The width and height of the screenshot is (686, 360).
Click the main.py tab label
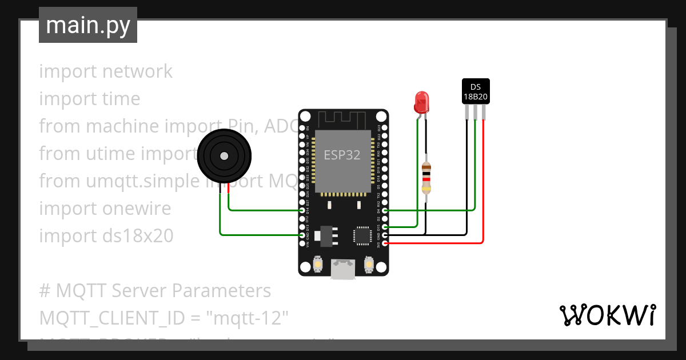[88, 25]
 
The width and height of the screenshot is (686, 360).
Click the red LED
[421, 102]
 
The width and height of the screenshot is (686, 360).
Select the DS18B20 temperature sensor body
[476, 91]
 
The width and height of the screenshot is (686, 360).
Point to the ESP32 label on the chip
[342, 155]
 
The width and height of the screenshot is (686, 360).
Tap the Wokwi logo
[607, 315]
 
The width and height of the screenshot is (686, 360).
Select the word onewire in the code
[137, 209]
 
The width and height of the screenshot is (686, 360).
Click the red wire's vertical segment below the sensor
[484, 183]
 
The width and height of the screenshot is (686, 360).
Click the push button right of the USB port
[369, 265]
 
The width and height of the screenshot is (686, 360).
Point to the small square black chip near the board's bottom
[362, 235]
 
